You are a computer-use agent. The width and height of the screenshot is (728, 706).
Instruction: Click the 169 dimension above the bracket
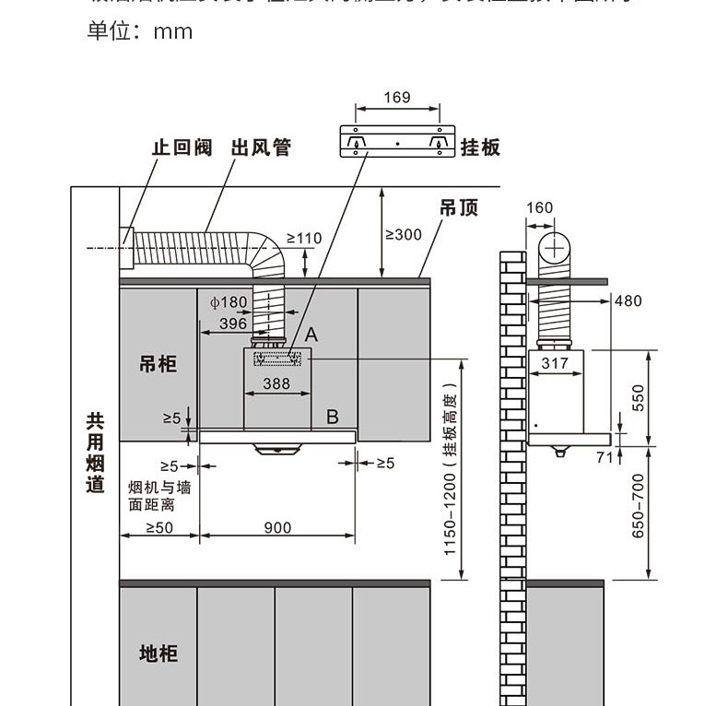tap(396, 98)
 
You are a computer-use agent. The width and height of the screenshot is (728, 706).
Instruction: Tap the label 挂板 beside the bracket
tap(480, 147)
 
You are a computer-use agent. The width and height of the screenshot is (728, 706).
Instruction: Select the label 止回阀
tap(182, 147)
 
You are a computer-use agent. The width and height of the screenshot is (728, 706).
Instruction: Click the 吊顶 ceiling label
tap(458, 208)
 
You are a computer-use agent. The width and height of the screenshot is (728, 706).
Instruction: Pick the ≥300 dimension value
tap(403, 234)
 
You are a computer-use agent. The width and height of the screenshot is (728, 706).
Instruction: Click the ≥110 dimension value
tap(304, 239)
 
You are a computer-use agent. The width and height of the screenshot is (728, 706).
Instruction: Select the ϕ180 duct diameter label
tap(229, 302)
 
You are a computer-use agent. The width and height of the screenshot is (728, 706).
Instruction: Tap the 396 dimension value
tap(232, 324)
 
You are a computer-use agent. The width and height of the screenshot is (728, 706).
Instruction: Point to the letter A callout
tap(311, 335)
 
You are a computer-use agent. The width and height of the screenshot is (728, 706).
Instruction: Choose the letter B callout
tap(333, 417)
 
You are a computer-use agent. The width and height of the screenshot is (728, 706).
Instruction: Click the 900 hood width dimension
tap(277, 528)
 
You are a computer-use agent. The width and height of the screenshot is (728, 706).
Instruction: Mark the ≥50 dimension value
tap(159, 528)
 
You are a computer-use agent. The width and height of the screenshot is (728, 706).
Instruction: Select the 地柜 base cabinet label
tap(158, 653)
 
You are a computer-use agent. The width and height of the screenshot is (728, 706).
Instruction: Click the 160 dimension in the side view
tap(539, 208)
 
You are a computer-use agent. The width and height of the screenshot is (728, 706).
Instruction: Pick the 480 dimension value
tap(628, 301)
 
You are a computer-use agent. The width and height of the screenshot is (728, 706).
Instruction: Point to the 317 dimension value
tap(555, 363)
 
